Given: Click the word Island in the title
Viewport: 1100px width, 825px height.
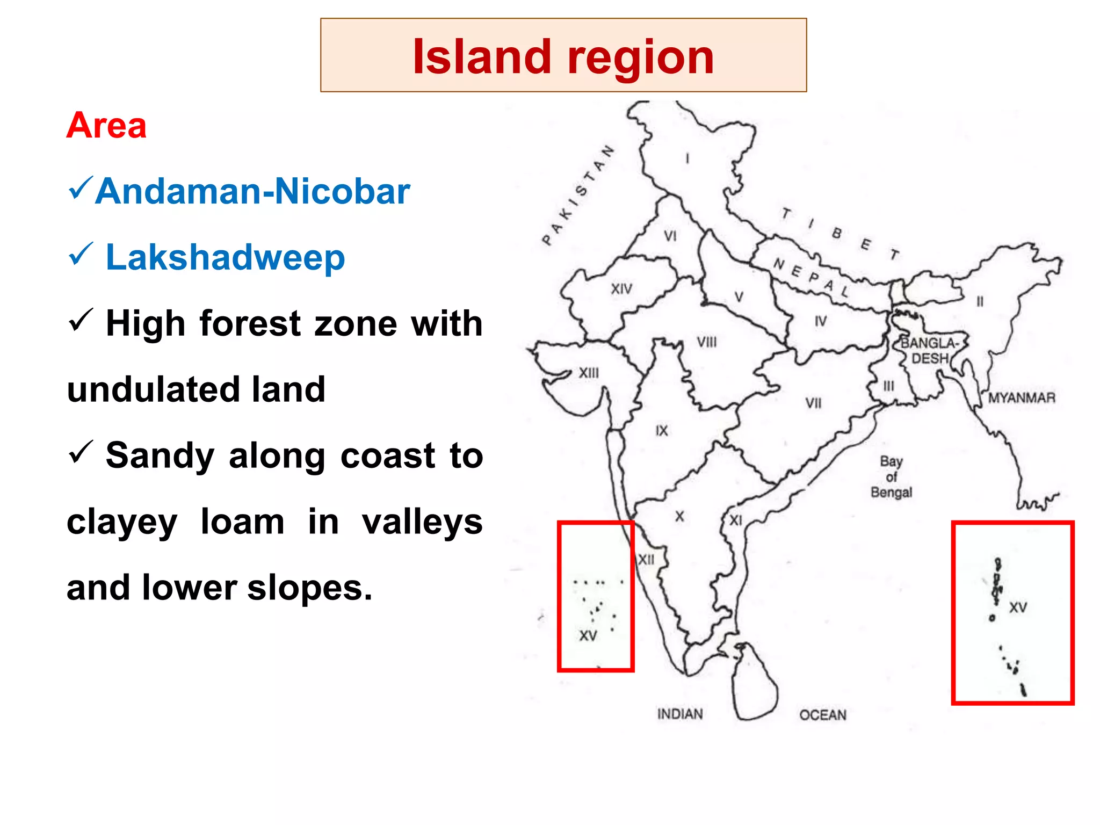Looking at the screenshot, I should pos(481,57).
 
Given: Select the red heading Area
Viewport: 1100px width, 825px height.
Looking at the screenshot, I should pos(106,126).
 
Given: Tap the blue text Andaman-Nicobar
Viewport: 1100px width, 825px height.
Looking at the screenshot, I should pos(252,191).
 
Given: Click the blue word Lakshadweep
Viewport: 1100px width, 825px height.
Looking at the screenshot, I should pos(225,257).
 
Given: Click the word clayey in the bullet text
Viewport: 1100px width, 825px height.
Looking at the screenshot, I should pos(122,522).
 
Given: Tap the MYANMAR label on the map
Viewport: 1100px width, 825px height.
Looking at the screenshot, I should pos(1022,398).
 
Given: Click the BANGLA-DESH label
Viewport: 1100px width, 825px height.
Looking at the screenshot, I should pos(930,351).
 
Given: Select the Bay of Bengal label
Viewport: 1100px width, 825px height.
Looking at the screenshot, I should pos(891,477).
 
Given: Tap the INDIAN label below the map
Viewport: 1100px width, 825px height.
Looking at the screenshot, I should pos(680,714).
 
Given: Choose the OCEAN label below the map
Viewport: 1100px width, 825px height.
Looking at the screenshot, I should pos(822,715).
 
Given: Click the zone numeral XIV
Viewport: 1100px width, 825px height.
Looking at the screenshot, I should pos(621,289).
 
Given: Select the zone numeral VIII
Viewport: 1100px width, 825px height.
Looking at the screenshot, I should pos(707,342).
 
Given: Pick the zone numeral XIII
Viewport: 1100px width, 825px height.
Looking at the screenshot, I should pos(589,373).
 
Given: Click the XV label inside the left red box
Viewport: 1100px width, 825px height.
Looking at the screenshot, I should pos(588,636).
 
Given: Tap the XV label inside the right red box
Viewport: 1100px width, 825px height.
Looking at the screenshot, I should pos(1018,607).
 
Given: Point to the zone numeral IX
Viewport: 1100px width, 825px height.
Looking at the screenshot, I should pos(662,430).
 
